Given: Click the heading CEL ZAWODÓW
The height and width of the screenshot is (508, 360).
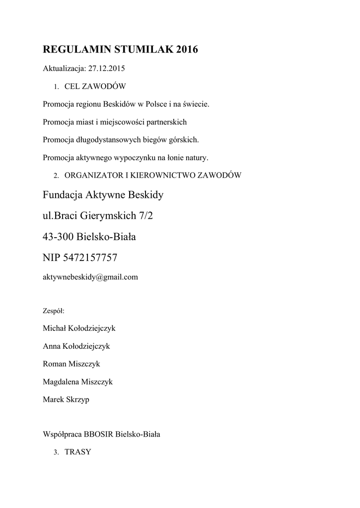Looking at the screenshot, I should (95, 86).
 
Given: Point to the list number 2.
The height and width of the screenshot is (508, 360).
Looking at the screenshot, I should (56, 176).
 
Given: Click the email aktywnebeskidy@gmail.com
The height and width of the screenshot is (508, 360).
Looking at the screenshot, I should (90, 277).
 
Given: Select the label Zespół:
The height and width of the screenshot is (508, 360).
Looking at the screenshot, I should (54, 312).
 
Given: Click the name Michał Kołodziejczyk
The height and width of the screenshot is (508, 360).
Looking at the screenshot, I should (79, 328).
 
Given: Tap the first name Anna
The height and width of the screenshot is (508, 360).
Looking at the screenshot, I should (52, 346).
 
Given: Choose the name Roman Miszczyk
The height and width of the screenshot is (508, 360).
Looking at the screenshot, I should (72, 364).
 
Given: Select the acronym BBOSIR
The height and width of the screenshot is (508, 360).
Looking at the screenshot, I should (99, 434).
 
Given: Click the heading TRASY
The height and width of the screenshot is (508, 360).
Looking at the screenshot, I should (77, 452).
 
